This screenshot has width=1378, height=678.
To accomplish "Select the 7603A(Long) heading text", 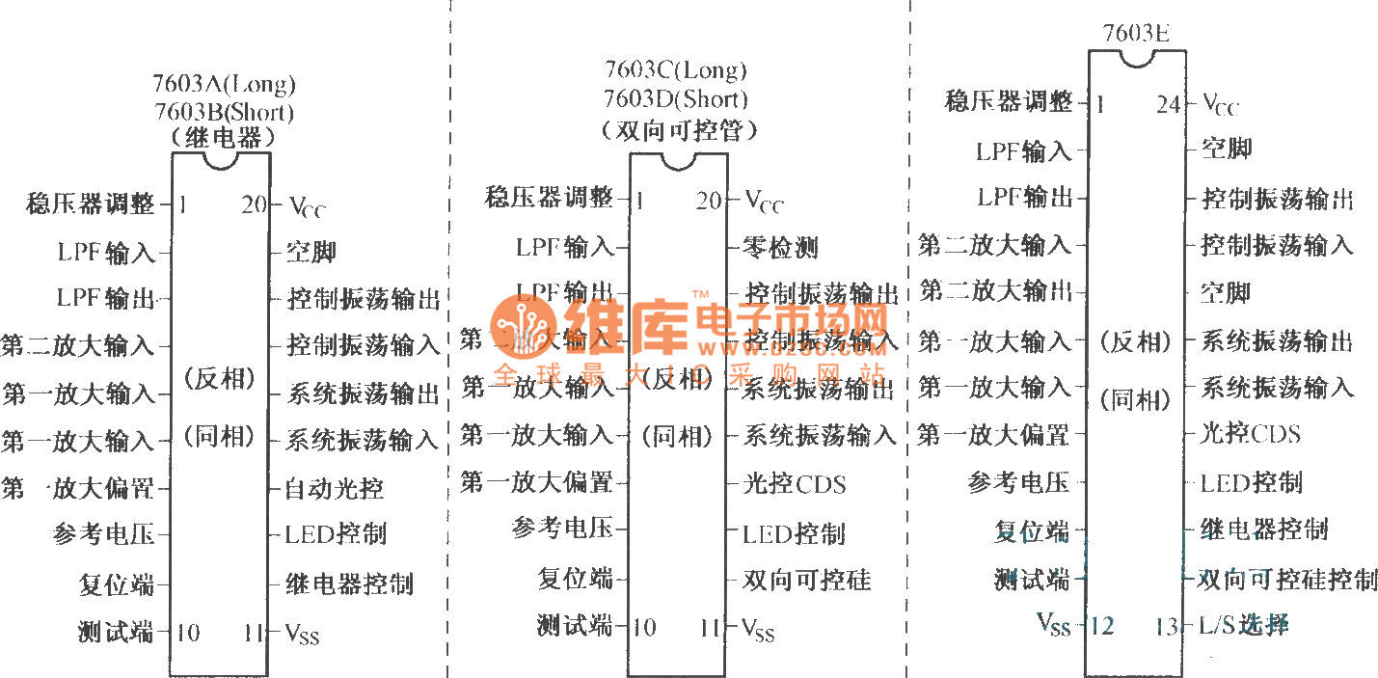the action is click(x=224, y=84).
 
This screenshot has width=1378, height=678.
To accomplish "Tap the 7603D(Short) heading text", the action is click(x=675, y=98).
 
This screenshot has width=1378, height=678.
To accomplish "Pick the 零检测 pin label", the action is click(x=781, y=248).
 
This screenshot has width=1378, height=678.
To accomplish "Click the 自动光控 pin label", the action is click(x=334, y=488).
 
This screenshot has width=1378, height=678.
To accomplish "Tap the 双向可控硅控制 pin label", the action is click(x=1287, y=579).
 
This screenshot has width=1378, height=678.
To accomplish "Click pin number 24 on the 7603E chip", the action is click(x=1168, y=104).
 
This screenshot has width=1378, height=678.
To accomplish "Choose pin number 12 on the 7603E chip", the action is click(x=1101, y=627).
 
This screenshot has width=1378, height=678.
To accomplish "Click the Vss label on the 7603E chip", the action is click(x=1053, y=625).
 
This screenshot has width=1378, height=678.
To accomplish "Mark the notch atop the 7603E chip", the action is click(x=1137, y=58).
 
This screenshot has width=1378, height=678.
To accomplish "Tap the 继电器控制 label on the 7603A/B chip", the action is click(x=349, y=583).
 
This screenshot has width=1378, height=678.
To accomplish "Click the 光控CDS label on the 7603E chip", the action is click(x=1250, y=433).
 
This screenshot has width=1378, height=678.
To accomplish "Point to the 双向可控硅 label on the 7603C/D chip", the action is click(x=807, y=580).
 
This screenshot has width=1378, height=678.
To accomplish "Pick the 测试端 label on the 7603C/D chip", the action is click(x=575, y=626).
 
